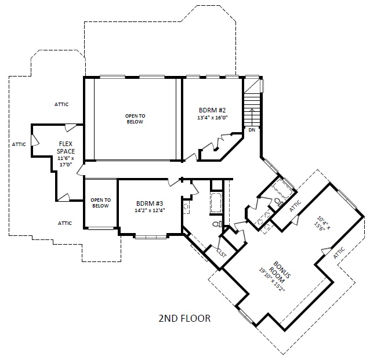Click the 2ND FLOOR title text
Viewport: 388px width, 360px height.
[x=184, y=318]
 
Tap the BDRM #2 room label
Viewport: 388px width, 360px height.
[x=212, y=110]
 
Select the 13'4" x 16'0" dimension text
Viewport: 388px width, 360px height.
[x=212, y=118]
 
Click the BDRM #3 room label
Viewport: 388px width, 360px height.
[x=150, y=203]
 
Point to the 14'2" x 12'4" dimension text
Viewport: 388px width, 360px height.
[x=150, y=210]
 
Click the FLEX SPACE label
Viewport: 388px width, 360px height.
[x=66, y=147]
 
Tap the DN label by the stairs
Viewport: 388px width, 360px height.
[x=252, y=130]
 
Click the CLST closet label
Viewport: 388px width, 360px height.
[x=222, y=253]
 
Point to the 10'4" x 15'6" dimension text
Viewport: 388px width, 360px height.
[x=322, y=224]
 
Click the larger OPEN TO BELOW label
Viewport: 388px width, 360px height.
[x=135, y=119]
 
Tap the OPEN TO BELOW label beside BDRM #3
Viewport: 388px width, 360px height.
[x=100, y=203]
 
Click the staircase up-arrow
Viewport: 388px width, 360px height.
[x=252, y=117]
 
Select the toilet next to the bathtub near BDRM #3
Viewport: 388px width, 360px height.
[x=217, y=224]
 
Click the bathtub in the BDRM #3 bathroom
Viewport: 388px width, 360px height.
[x=216, y=203]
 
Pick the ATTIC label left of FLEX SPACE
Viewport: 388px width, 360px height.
[x=19, y=144]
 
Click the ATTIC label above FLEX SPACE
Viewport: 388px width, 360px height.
[x=61, y=104]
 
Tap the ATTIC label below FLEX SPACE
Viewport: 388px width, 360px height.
[x=65, y=223]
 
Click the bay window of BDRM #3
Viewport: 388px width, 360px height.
[x=151, y=237]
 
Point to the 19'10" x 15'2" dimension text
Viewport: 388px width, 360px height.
[x=272, y=280]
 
